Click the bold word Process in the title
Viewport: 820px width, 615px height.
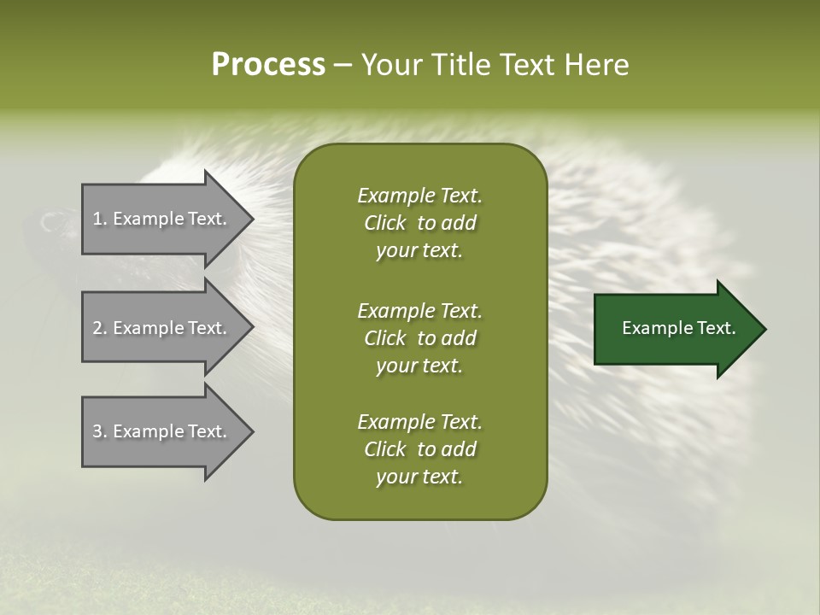tap(268, 64)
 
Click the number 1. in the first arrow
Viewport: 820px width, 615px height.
tap(100, 219)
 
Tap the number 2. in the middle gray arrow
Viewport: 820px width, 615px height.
tap(100, 328)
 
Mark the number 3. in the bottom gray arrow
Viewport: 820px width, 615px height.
tap(100, 431)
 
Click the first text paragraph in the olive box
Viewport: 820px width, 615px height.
tap(419, 223)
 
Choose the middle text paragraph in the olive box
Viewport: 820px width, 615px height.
tap(419, 337)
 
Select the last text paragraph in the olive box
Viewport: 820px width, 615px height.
tap(419, 449)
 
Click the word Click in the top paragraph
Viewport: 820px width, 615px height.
tap(384, 223)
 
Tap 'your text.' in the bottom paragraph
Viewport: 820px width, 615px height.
tap(419, 477)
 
